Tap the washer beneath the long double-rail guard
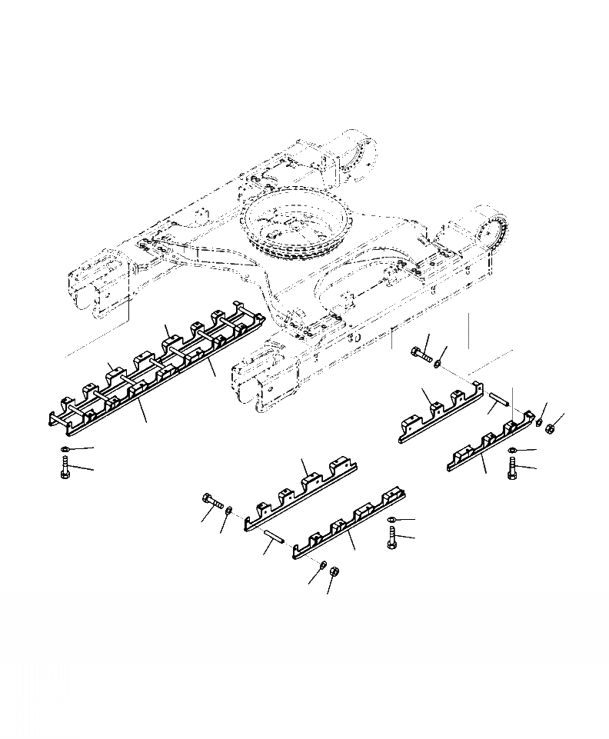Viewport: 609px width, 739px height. coord(65,449)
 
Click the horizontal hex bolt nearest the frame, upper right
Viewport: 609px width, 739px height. coord(419,355)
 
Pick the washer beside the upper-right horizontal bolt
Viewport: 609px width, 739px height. coord(438,361)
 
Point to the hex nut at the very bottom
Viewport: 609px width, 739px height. coord(334,573)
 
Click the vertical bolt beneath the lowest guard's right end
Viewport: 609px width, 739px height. coord(392,538)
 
